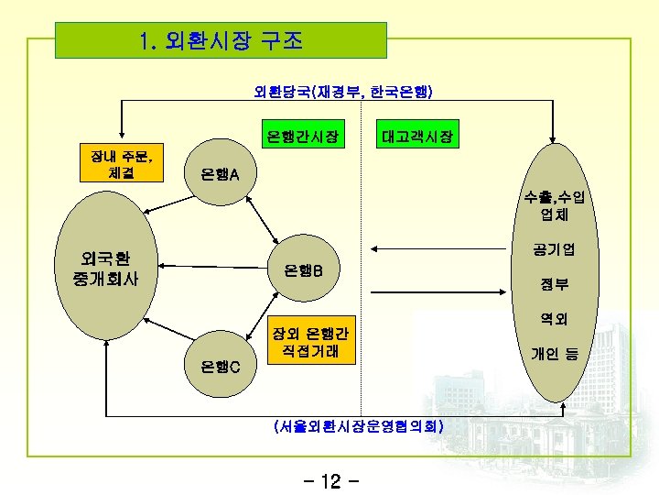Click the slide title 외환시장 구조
pos(221,41)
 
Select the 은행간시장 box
pos(302,138)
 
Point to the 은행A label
pos(221,175)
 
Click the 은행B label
pos(310,270)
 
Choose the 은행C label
pos(221,367)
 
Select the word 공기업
pos(554,248)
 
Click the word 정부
pos(554,285)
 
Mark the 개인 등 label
pos(554,353)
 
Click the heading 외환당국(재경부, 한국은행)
pos(343,92)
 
